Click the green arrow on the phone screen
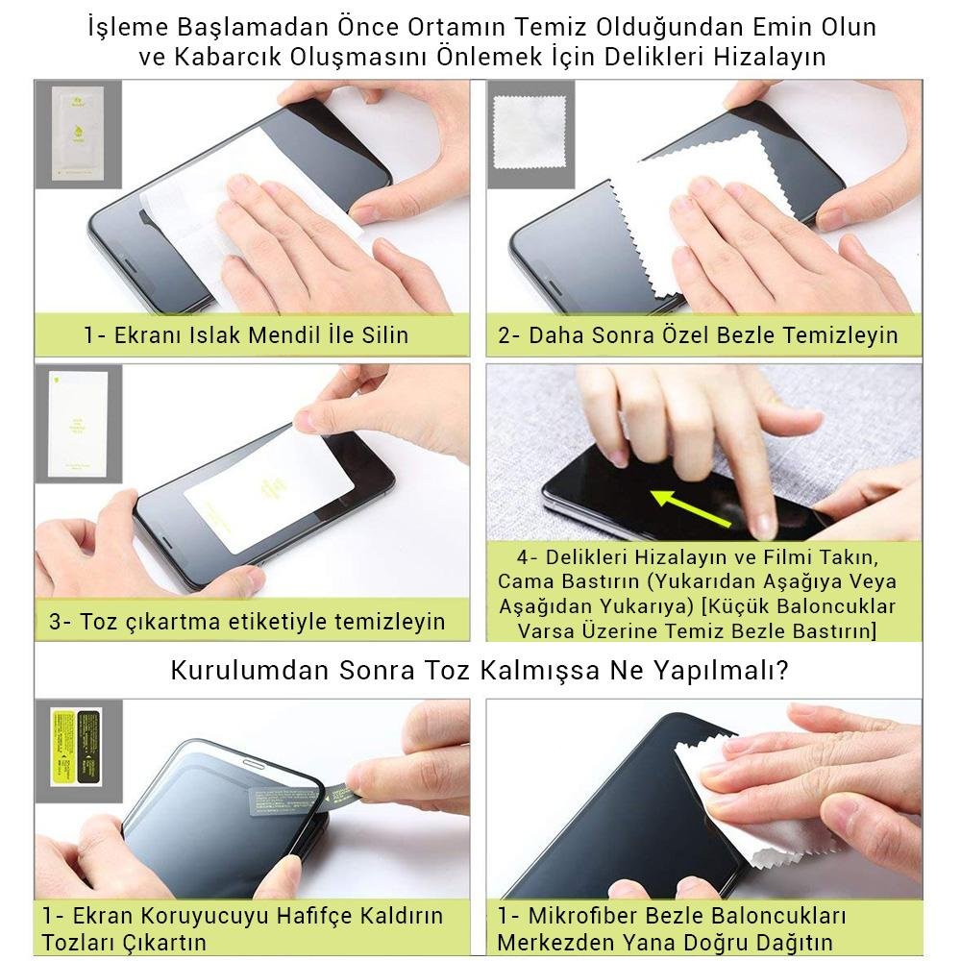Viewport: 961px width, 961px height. (691, 507)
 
